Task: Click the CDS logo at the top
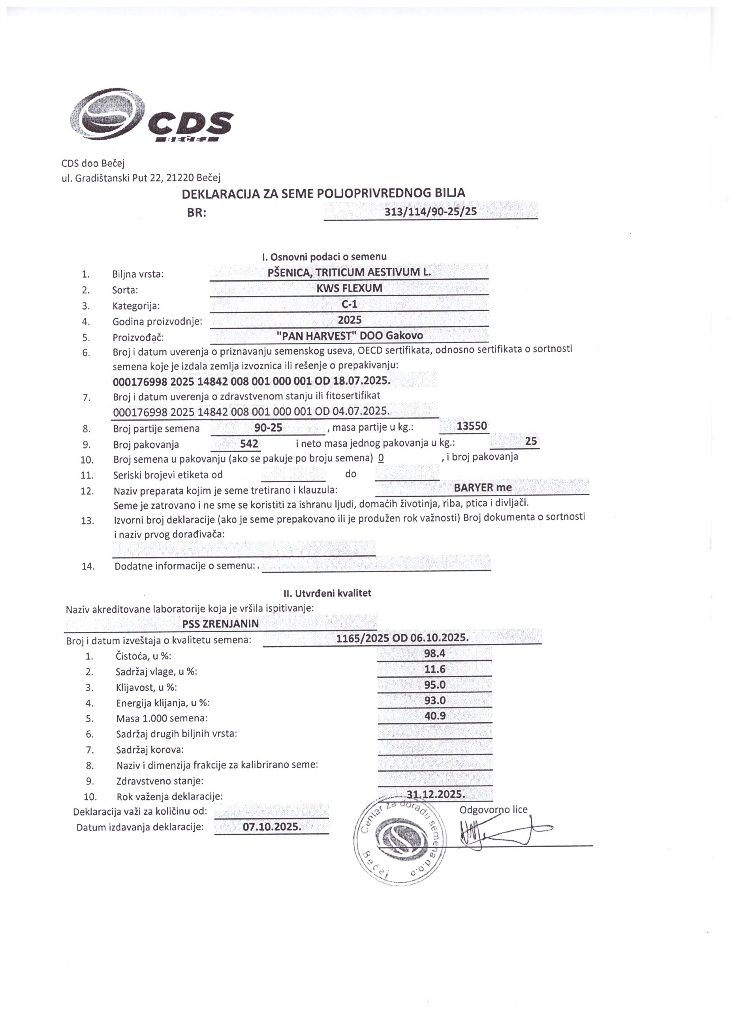[151, 117]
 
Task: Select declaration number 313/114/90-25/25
[430, 211]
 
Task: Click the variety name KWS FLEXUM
[349, 288]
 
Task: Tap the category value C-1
[349, 304]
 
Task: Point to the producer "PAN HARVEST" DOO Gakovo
[350, 336]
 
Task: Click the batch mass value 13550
[472, 426]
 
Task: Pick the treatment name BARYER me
[483, 487]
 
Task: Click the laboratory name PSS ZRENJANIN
[220, 624]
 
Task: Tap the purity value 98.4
[434, 654]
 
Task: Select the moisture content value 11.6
[434, 669]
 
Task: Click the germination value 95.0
[434, 685]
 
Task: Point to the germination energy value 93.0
[434, 700]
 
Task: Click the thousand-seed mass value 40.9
[434, 716]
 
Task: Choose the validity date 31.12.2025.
[436, 794]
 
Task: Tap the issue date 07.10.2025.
[272, 827]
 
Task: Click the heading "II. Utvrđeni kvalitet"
[327, 593]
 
